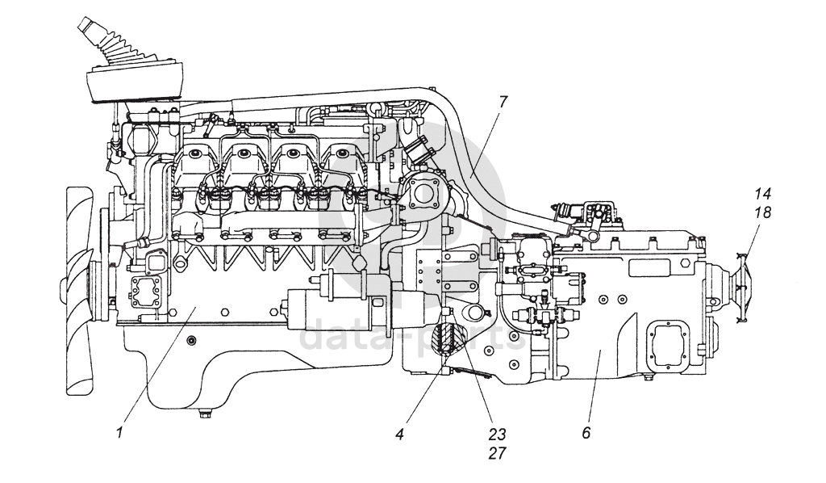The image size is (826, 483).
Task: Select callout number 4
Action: coord(399,433)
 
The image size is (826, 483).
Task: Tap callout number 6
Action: coord(586,433)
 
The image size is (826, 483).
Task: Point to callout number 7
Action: coord(503,102)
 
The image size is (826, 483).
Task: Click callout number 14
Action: coord(762,194)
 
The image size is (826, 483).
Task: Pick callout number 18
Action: coord(762,212)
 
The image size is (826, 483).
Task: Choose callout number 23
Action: coord(497,433)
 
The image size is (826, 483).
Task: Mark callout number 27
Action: coord(497,453)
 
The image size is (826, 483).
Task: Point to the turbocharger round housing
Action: coord(423,193)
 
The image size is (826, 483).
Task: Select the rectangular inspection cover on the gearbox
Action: coord(669,347)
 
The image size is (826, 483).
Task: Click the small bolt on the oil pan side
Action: coord(191,340)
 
